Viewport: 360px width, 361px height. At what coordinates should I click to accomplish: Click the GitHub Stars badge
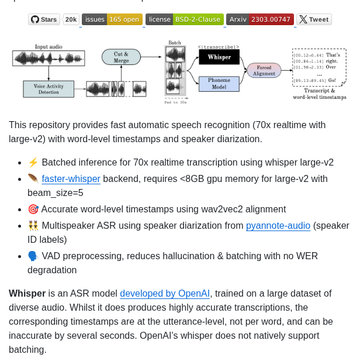[x=44, y=19]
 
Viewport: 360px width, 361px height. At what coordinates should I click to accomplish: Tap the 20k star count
[x=71, y=19]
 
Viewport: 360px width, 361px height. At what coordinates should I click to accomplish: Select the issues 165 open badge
[x=112, y=19]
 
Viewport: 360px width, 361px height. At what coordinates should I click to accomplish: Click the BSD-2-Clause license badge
[x=184, y=19]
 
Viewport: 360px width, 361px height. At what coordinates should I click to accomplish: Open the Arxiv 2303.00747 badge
[x=259, y=19]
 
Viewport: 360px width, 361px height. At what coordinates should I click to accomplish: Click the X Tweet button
[x=314, y=19]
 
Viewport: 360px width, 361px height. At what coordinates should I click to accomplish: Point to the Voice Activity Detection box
[x=49, y=89]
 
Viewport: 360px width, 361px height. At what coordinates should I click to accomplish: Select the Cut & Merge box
[x=121, y=57]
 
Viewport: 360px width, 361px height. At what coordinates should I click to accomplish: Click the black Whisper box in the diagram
[x=219, y=57]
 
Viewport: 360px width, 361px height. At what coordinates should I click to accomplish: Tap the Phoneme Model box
[x=219, y=84]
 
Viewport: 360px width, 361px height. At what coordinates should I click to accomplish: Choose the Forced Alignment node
[x=264, y=70]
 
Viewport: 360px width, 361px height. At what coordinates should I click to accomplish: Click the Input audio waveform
[x=49, y=58]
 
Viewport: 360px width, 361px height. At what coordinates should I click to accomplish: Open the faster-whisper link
[x=71, y=178]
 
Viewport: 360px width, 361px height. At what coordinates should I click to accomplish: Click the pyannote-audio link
[x=278, y=225]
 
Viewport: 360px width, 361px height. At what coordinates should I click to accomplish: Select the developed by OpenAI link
[x=165, y=293]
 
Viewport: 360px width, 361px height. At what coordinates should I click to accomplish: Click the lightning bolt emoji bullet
[x=33, y=163]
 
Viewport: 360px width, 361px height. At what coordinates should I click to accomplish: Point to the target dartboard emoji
[x=33, y=209]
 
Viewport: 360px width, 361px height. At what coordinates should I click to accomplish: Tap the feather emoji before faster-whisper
[x=33, y=178]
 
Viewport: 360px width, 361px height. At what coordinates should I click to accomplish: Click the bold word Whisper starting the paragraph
[x=27, y=293]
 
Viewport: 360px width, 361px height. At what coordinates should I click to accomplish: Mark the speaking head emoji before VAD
[x=33, y=256]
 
